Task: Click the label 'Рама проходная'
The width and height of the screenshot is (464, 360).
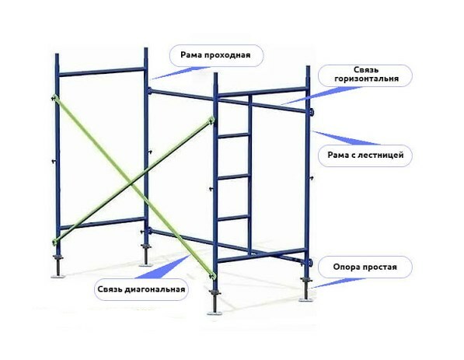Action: click(215, 55)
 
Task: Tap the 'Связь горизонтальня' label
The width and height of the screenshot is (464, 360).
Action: click(366, 75)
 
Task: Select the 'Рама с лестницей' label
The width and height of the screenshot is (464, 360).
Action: click(365, 155)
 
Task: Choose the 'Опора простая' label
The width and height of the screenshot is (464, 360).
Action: click(365, 267)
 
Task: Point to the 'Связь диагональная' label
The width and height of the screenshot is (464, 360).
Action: click(141, 289)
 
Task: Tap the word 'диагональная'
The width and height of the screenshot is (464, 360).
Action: click(155, 289)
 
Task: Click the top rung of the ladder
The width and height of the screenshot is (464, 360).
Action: click(233, 135)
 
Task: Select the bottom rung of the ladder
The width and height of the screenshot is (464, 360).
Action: click(233, 218)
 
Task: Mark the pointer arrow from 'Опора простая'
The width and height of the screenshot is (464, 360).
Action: click(338, 283)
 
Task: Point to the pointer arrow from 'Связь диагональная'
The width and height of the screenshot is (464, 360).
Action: click(162, 267)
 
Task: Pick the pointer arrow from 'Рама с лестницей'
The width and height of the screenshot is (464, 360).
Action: click(347, 138)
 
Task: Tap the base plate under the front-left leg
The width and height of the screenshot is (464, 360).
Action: click(58, 277)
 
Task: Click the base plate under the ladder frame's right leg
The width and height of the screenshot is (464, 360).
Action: click(305, 299)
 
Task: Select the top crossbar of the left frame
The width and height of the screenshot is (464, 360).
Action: click(102, 72)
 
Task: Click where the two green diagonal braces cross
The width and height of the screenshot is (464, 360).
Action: click(132, 185)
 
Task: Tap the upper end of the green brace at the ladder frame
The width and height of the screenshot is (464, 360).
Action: click(211, 120)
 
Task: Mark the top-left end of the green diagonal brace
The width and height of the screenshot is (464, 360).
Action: click(54, 97)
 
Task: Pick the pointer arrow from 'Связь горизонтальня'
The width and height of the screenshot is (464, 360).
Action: click(322, 96)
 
